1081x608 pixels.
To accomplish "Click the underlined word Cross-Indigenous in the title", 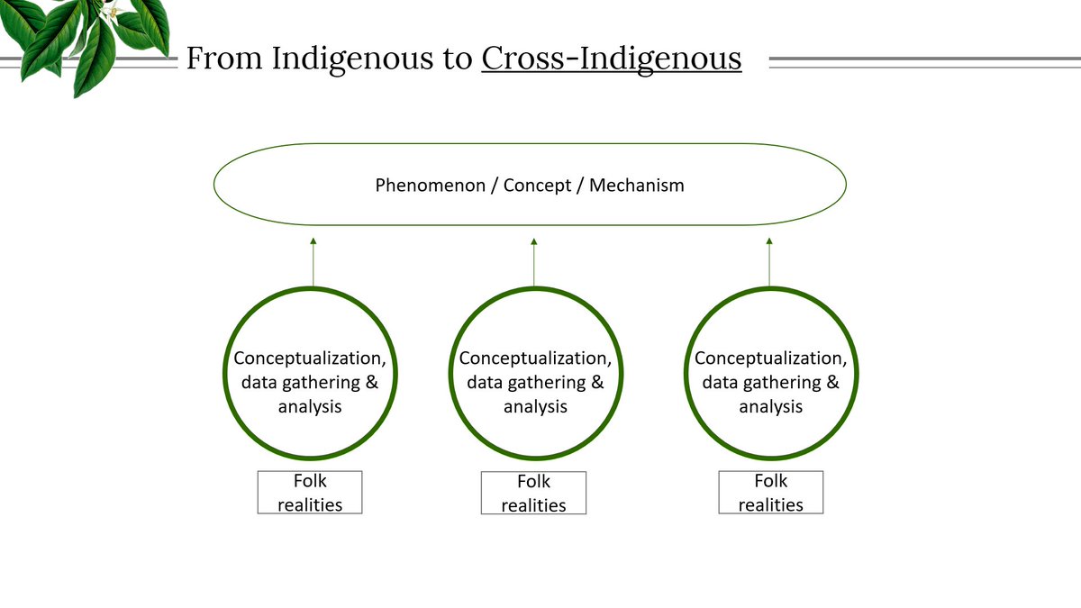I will [x=612, y=59].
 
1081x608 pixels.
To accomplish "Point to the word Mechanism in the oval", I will [x=637, y=186].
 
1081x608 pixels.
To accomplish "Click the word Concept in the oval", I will [x=538, y=186].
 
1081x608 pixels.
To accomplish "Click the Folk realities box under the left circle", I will [x=310, y=493].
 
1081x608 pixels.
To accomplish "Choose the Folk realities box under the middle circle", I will [x=533, y=494].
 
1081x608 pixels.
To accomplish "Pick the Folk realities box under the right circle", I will [x=770, y=493].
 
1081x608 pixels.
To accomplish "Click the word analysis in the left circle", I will [x=310, y=406].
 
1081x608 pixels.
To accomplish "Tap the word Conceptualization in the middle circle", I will [x=535, y=358].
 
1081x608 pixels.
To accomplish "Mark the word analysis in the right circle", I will [x=770, y=407].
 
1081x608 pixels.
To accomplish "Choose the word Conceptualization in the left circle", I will [x=310, y=358].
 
